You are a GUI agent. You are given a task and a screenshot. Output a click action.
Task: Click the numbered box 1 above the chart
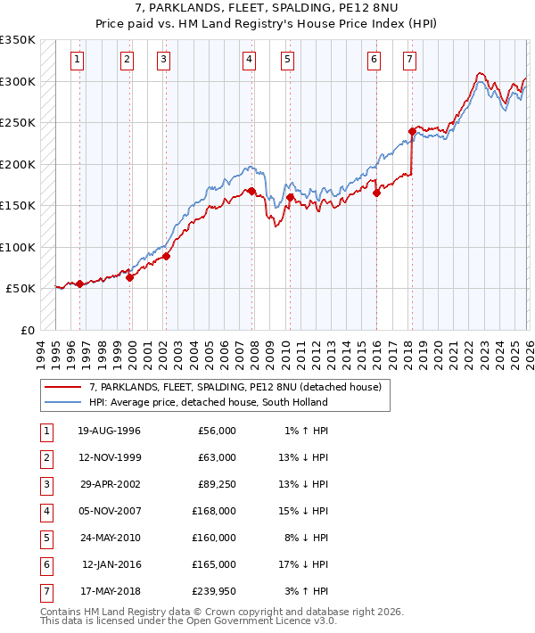coord(78,60)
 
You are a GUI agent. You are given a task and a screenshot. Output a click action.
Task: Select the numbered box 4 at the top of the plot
coord(248,60)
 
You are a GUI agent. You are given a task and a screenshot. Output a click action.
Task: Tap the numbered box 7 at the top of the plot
coord(408,60)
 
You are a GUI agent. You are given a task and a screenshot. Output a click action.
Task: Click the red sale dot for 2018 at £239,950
coord(412,131)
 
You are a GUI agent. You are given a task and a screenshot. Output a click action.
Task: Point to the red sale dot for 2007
coord(251,191)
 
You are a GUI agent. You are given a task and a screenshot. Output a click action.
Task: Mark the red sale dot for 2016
coord(376,193)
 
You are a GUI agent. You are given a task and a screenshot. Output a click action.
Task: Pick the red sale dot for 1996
coord(79,284)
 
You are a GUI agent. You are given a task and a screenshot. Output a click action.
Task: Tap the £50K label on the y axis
coord(21,289)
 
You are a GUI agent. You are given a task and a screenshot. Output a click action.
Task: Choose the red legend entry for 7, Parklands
coord(235,387)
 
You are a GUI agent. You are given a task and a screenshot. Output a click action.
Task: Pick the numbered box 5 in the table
coord(45,537)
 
